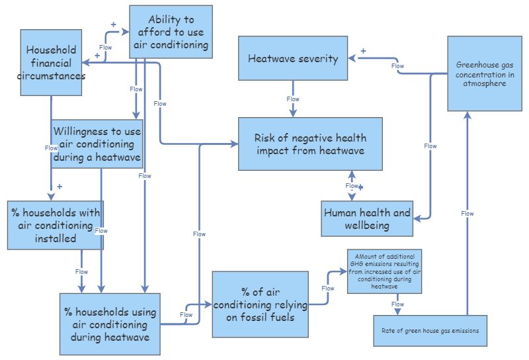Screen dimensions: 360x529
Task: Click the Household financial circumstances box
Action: click(51, 63)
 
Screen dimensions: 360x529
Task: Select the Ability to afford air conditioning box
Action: click(171, 32)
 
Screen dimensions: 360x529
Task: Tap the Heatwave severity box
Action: click(293, 59)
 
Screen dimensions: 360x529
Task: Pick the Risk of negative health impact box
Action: click(310, 144)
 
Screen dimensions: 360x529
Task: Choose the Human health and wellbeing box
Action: click(366, 219)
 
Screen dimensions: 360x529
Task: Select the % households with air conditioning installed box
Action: click(56, 225)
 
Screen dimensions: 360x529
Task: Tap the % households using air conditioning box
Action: click(110, 324)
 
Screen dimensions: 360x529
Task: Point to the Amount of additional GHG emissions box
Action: click(384, 271)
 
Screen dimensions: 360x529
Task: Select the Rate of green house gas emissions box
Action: click(430, 330)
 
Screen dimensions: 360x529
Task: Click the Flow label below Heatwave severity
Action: click(293, 99)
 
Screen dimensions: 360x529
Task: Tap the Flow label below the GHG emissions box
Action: click(397, 304)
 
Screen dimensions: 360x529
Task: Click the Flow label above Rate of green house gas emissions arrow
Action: click(468, 214)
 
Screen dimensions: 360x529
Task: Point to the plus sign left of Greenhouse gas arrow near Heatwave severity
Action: click(363, 51)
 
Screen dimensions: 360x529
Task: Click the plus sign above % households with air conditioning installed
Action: click(60, 187)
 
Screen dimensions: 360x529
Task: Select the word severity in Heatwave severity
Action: click(316, 59)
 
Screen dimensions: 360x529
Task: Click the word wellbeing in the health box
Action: click(366, 226)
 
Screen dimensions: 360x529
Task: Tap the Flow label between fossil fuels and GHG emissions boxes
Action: click(328, 289)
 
